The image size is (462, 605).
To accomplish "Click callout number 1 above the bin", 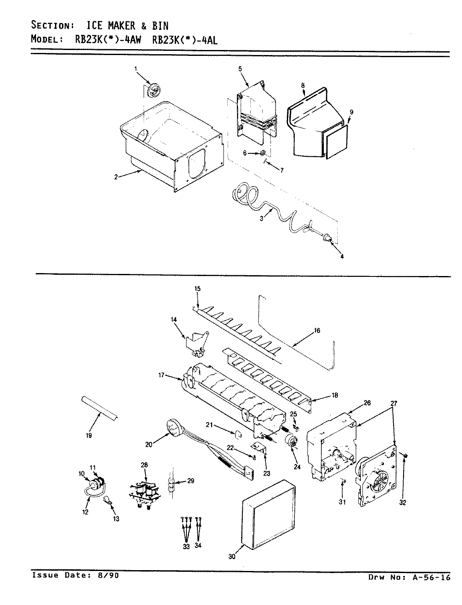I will click(x=136, y=68).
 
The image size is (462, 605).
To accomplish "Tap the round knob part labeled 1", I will click(x=154, y=89).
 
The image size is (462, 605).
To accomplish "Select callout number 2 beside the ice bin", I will click(x=115, y=177).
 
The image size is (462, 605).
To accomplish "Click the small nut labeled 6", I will click(x=263, y=153).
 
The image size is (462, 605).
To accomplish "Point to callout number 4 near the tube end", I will click(x=341, y=257).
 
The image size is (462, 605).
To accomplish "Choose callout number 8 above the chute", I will click(x=302, y=85).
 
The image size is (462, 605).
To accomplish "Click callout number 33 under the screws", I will click(x=186, y=546).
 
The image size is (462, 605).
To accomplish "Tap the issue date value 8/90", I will click(x=108, y=576).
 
